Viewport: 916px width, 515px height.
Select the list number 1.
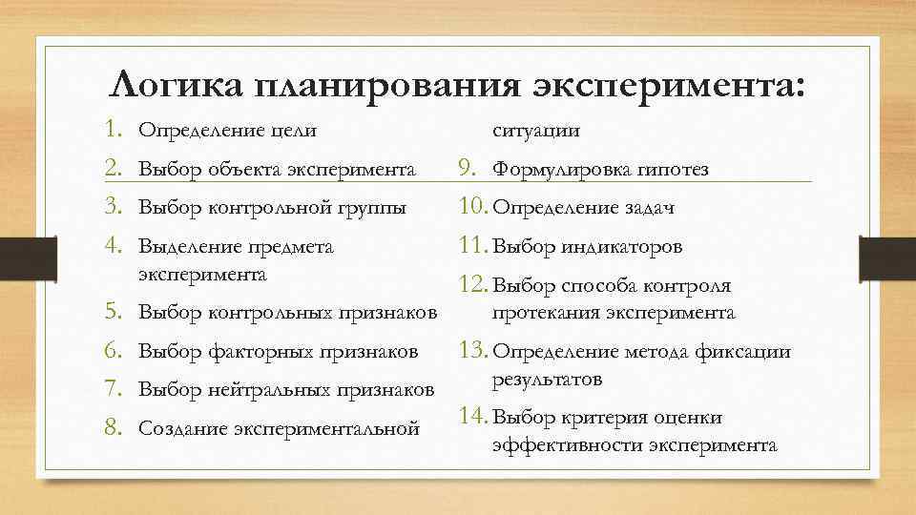tap(115, 128)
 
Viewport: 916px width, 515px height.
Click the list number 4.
tap(115, 247)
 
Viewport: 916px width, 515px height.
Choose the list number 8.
tap(115, 428)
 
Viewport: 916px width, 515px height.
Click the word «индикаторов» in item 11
tap(620, 247)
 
